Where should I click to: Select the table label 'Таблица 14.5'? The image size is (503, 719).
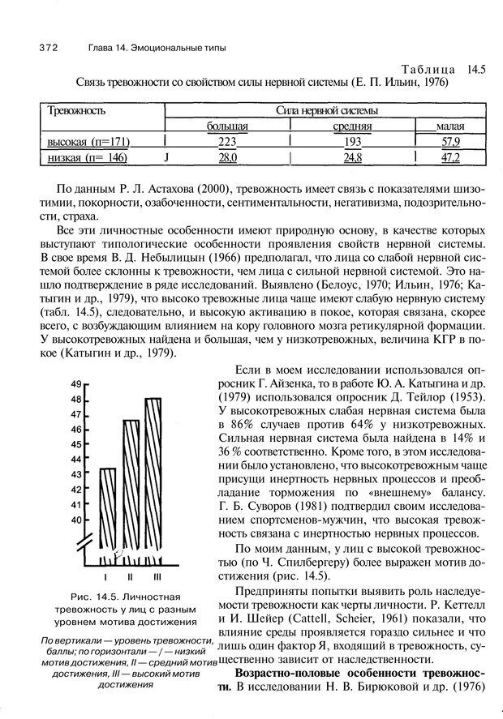tap(436, 70)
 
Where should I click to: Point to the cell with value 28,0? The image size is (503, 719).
tap(226, 158)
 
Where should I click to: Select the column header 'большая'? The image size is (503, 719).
tap(226, 126)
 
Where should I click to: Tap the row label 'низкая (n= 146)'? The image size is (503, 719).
tap(87, 158)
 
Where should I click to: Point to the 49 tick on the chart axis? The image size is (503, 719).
tap(76, 384)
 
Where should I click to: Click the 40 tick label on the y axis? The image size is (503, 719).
tap(76, 519)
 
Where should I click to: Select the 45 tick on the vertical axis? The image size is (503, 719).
tap(76, 443)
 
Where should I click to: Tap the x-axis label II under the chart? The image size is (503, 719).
tap(131, 576)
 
